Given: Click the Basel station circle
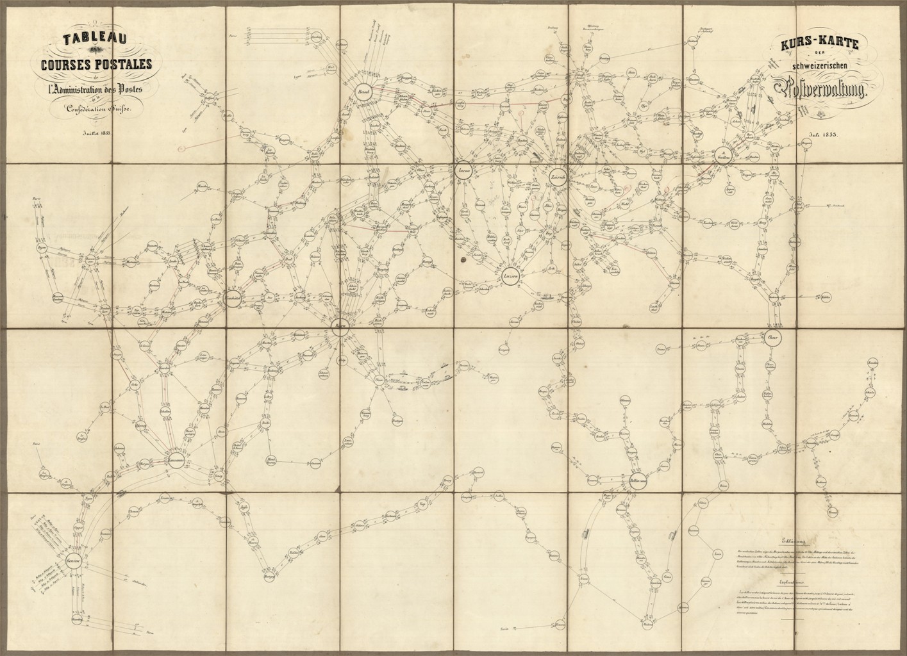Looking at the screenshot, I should [x=365, y=94].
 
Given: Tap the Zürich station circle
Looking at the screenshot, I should [x=557, y=177].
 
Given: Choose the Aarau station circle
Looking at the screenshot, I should [x=463, y=171].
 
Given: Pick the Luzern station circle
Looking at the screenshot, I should [x=510, y=275].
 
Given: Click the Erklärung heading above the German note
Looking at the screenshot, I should [x=791, y=539].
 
